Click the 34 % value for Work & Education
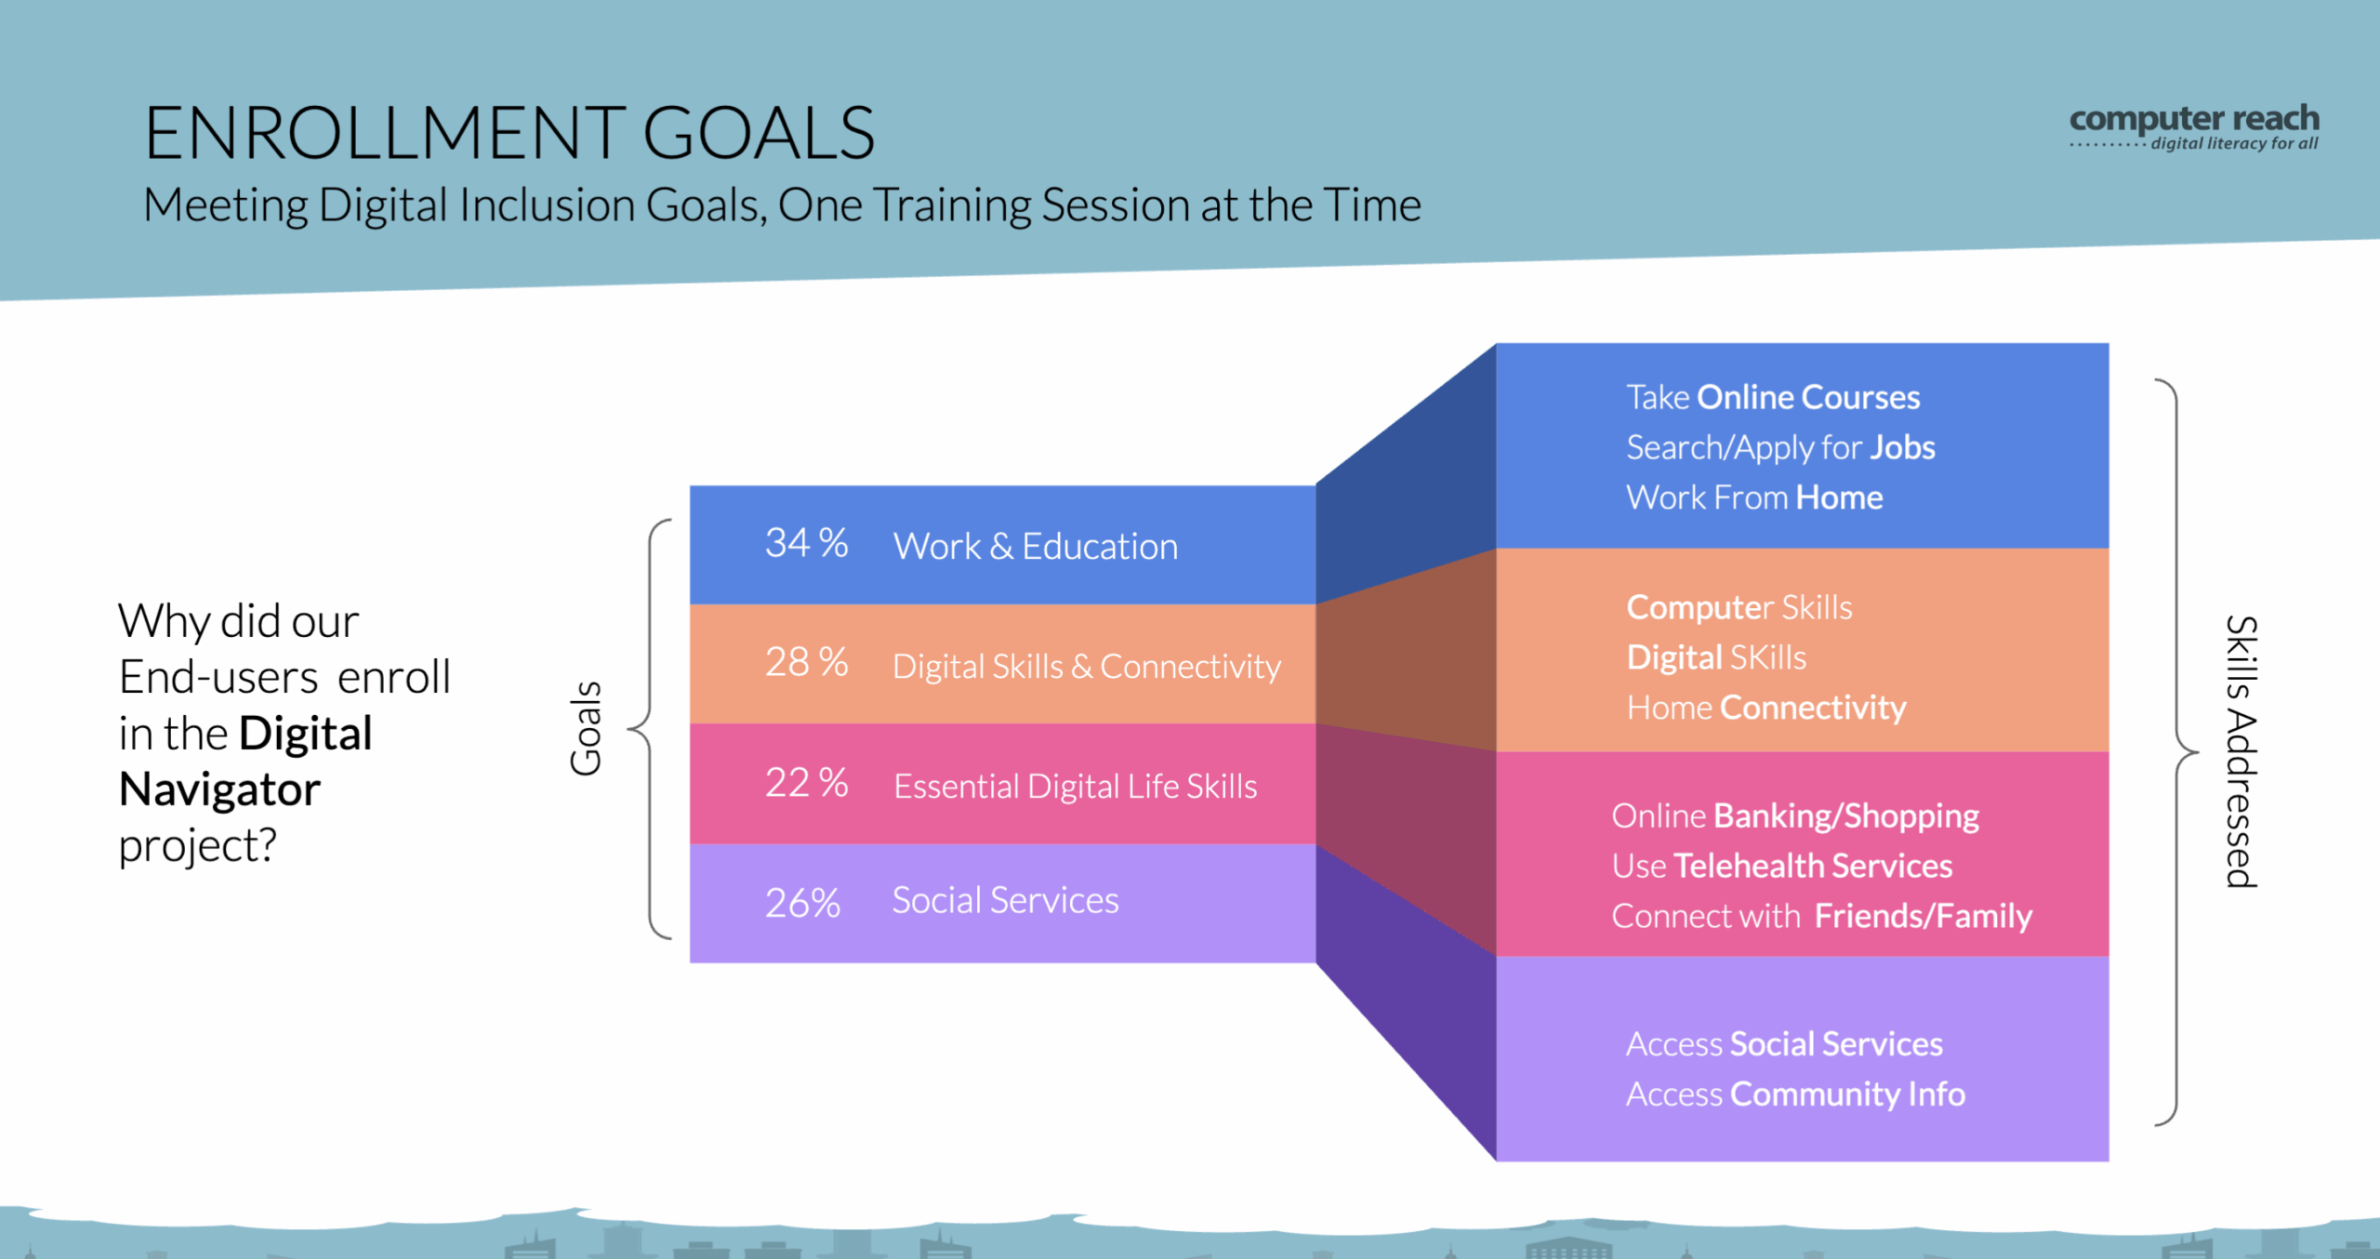(x=806, y=543)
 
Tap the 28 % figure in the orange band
(x=806, y=663)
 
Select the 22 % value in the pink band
(x=806, y=783)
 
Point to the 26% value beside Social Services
(x=802, y=903)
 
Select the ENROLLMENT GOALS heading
(x=509, y=133)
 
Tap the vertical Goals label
(x=587, y=729)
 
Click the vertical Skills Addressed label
(x=2241, y=751)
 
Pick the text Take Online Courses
(x=1773, y=398)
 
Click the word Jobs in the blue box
(x=1903, y=448)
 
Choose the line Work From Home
(x=1754, y=497)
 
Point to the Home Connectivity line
(x=1766, y=709)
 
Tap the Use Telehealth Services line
(x=1782, y=867)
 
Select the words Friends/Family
(x=1924, y=917)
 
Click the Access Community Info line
(x=1795, y=1094)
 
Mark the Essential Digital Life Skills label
(x=1076, y=787)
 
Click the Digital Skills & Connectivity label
(x=1087, y=667)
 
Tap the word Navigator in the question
(x=220, y=790)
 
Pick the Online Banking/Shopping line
(x=1795, y=816)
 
